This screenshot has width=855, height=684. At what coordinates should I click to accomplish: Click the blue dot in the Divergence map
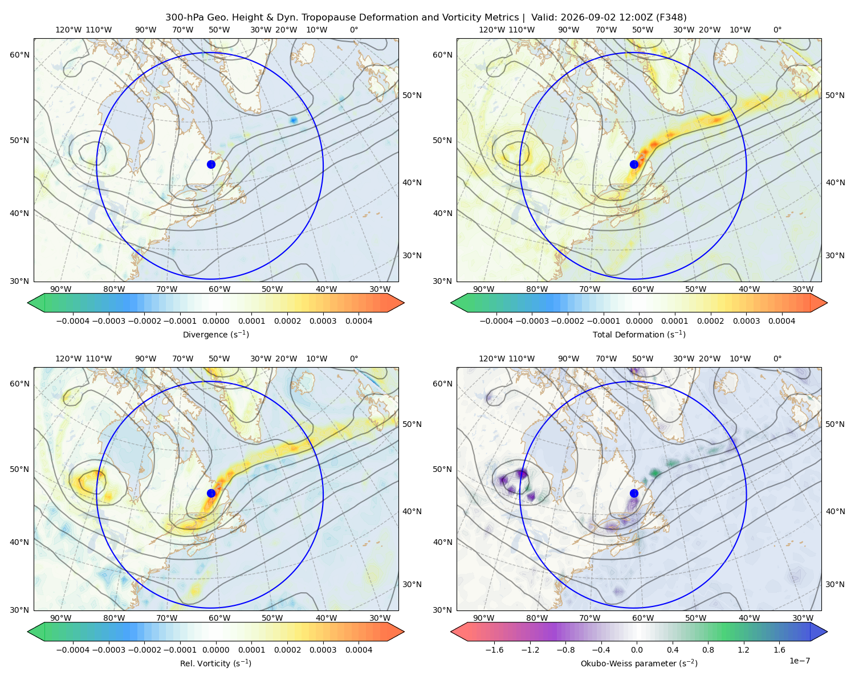[x=211, y=164]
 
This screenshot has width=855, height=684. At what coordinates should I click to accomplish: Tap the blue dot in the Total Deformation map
[x=634, y=164]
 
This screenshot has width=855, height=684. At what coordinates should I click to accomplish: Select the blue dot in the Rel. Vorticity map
[x=211, y=493]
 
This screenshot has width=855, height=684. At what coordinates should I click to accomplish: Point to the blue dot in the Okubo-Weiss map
[x=634, y=493]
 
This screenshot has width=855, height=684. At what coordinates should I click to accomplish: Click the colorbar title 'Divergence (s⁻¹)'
[x=215, y=334]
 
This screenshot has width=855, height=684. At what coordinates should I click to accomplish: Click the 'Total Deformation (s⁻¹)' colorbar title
[x=639, y=334]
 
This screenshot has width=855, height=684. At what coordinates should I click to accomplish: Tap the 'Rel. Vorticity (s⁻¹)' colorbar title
[x=215, y=663]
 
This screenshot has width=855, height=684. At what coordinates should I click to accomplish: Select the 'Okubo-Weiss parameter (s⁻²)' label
[x=639, y=663]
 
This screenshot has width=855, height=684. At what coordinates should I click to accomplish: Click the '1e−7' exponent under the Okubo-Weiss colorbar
[x=799, y=661]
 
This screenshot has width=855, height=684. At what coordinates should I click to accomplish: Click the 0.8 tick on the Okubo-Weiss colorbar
[x=708, y=650]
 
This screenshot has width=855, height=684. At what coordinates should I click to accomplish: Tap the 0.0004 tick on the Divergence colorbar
[x=359, y=321]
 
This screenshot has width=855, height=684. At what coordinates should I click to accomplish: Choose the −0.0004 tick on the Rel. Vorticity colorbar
[x=73, y=650]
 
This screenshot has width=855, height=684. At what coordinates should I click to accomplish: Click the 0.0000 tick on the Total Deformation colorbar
[x=639, y=321]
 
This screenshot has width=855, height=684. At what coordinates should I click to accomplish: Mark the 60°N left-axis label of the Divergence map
[x=19, y=55]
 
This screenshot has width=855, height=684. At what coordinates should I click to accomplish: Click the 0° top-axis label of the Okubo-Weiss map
[x=777, y=359]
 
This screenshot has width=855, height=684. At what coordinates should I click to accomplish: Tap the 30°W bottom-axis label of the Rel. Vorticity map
[x=380, y=618]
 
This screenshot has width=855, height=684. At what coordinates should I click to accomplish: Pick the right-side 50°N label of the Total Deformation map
[x=835, y=95]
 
